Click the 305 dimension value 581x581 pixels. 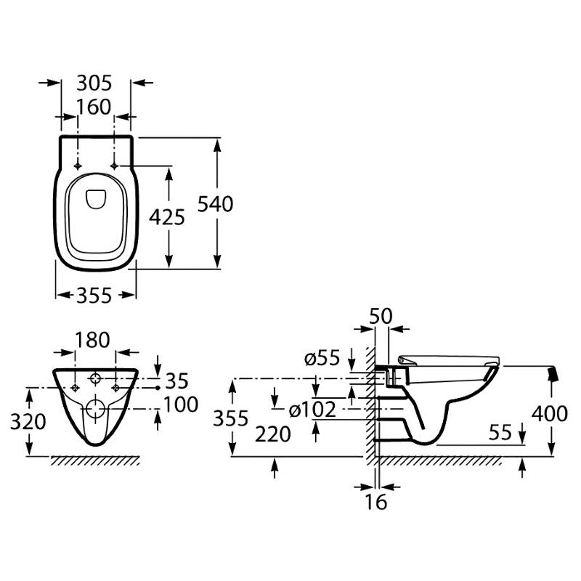[94, 84]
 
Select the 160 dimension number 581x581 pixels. [94, 107]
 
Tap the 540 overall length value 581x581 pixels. [215, 204]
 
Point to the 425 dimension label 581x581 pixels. [167, 217]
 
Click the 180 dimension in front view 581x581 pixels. [93, 340]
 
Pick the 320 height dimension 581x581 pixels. [28, 422]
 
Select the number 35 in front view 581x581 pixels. [177, 381]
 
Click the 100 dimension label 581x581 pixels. [181, 405]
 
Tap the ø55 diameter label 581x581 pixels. [322, 358]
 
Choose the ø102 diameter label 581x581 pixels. [312, 410]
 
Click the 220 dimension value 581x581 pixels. [273, 434]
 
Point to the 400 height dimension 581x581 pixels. [550, 413]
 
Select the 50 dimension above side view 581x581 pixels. [381, 317]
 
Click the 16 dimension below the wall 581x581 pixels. [376, 502]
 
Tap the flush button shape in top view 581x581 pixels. [97, 199]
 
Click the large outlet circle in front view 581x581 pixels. [96, 409]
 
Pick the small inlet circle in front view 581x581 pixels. [96, 378]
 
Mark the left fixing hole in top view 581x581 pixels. [78, 166]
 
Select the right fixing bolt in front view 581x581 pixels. [115, 388]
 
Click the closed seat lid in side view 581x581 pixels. [449, 359]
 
